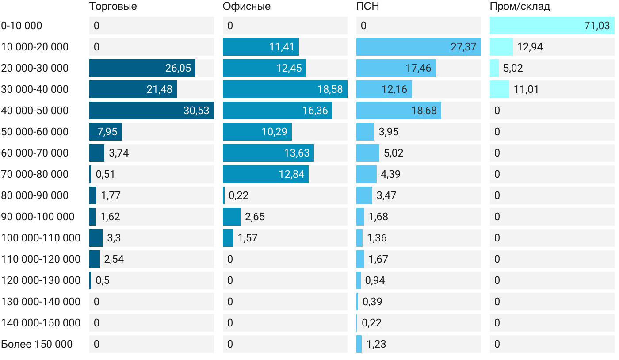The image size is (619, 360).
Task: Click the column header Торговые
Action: [113, 7]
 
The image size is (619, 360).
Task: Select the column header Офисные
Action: [247, 7]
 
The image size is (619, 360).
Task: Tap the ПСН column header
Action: [368, 7]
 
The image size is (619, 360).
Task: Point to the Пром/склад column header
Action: [520, 7]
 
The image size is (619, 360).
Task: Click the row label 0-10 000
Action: [22, 26]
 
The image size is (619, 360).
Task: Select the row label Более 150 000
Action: [37, 344]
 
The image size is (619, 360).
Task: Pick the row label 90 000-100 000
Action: [38, 217]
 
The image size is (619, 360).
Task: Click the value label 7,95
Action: [105, 132]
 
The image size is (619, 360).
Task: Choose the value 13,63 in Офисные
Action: [297, 153]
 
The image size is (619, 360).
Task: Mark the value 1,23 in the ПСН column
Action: [376, 344]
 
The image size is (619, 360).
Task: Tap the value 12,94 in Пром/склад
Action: [530, 47]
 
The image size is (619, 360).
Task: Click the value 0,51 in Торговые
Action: [105, 174]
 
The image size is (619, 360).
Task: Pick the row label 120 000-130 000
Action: [41, 280]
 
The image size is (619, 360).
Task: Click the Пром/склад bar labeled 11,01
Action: [500, 89]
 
